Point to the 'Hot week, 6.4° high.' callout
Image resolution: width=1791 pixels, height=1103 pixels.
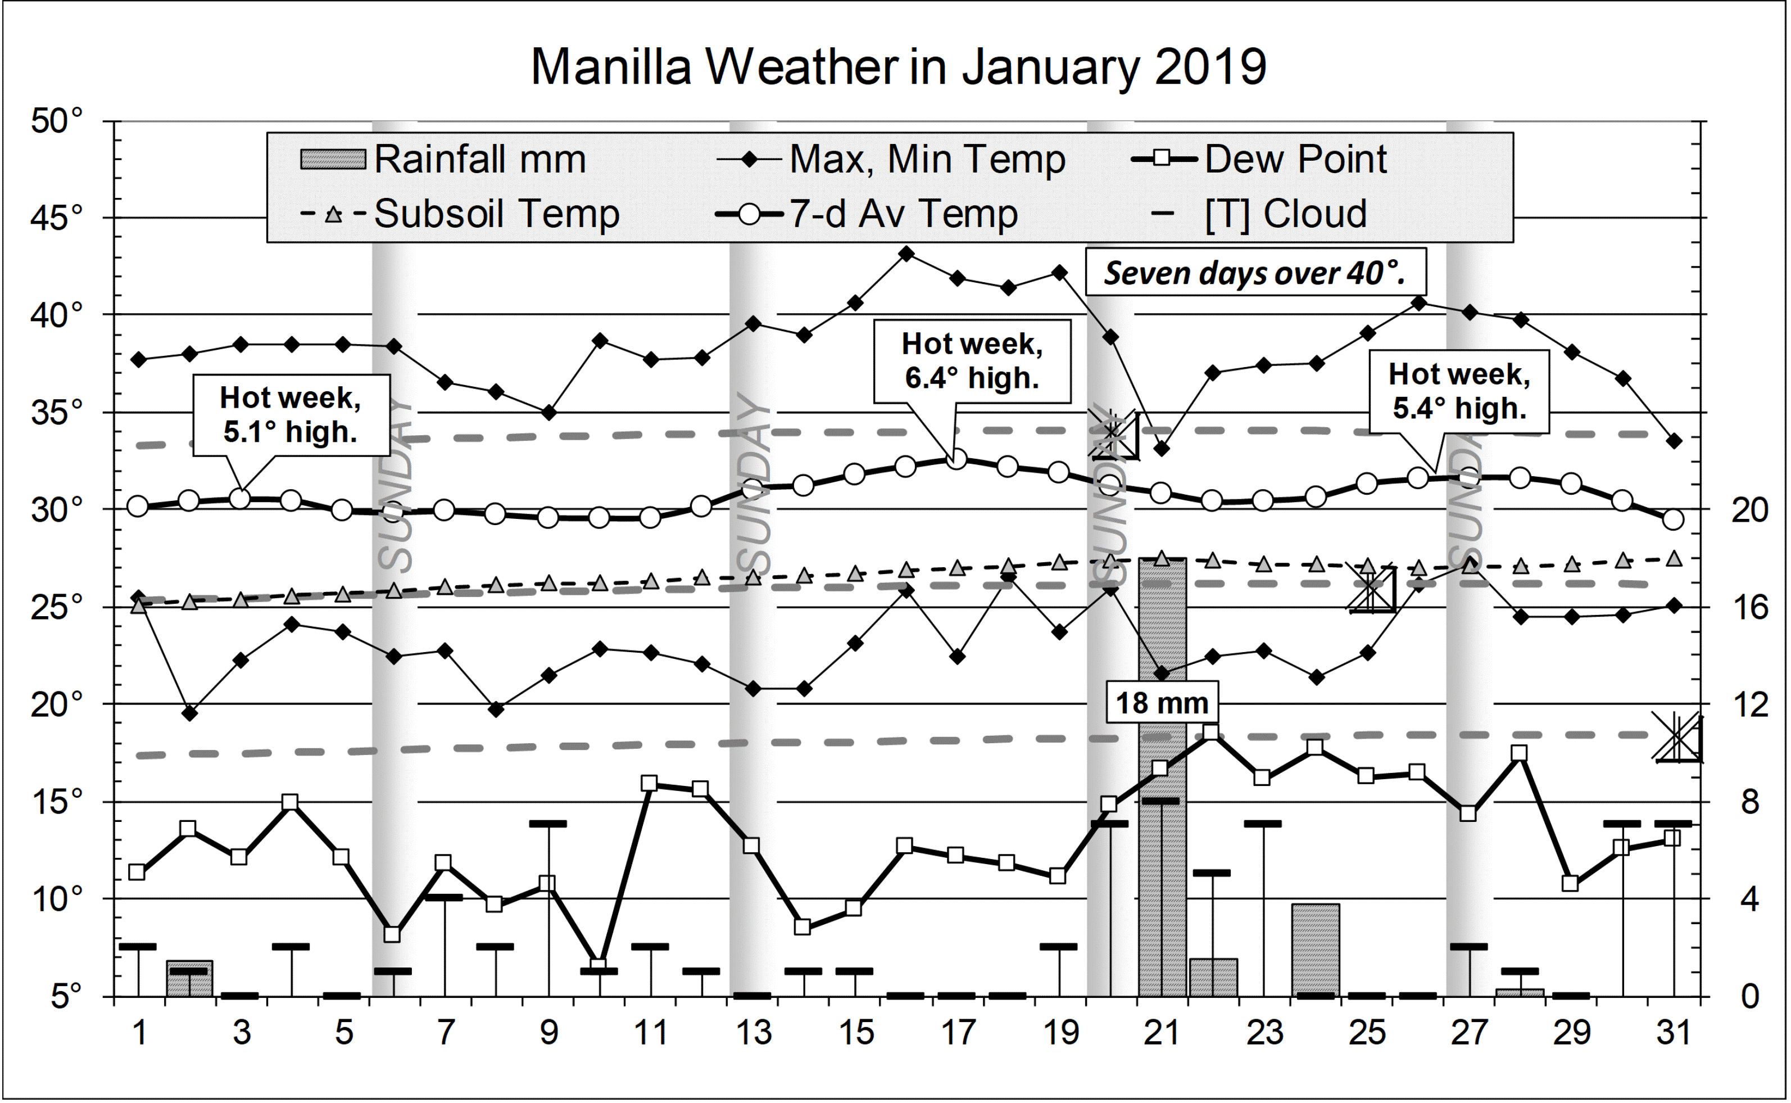tap(972, 361)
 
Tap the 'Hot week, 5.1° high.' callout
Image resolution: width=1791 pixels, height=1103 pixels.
tap(291, 415)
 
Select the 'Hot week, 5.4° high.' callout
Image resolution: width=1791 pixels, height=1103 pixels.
tap(1459, 392)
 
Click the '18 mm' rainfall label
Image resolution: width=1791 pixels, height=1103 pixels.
tap(1162, 703)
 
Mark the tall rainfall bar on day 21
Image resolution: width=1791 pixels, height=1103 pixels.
tap(1162, 802)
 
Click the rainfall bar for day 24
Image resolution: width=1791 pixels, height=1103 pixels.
tap(1316, 950)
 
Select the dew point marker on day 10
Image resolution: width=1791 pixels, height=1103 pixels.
tap(598, 965)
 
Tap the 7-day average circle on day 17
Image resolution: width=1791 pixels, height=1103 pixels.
tap(958, 459)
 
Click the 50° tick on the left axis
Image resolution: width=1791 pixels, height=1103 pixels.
tap(56, 121)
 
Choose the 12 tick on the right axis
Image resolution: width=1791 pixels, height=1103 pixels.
tap(1749, 705)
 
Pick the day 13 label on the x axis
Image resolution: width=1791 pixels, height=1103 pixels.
tap(752, 1033)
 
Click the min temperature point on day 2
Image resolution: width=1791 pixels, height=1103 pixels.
tap(189, 713)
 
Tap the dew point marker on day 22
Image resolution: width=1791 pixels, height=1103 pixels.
tap(1211, 732)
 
